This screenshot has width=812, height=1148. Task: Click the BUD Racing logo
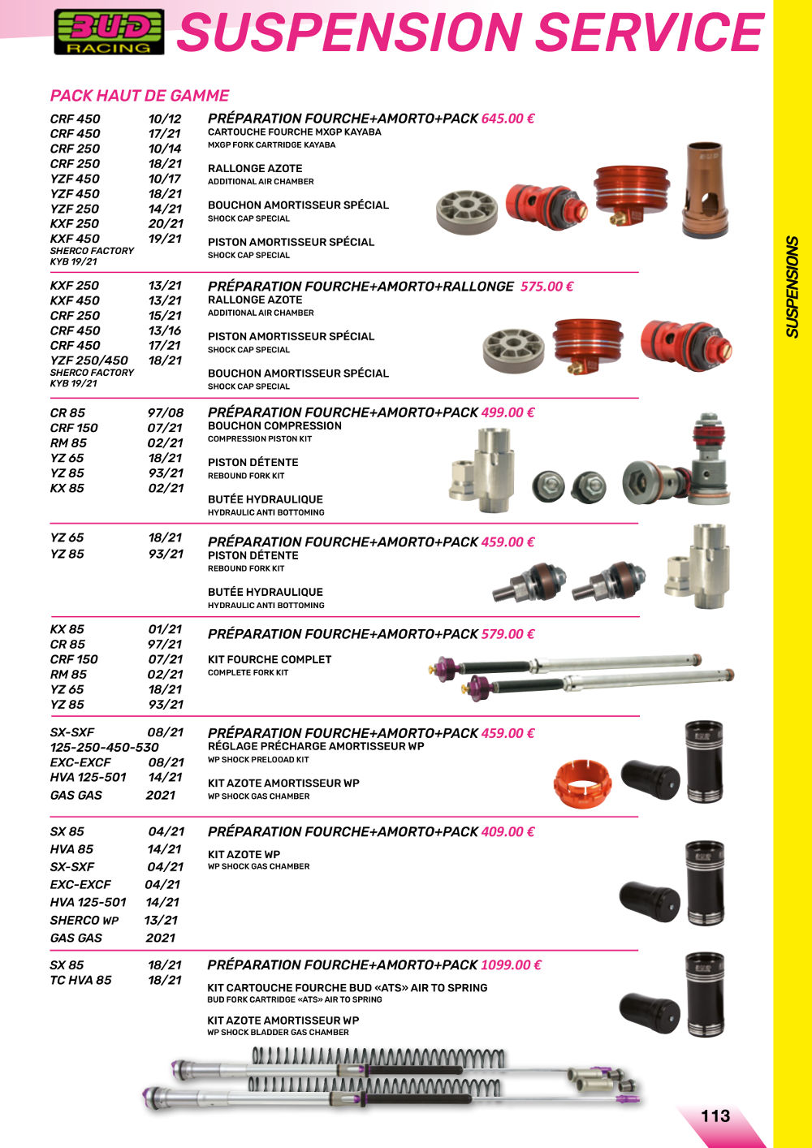(109, 32)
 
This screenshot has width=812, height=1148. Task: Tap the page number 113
(715, 1116)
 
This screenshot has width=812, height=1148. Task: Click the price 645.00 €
(508, 119)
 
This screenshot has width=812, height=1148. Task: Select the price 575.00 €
(546, 287)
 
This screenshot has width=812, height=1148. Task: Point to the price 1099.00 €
(511, 965)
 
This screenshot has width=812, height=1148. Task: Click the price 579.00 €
(508, 634)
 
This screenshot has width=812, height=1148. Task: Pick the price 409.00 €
(508, 832)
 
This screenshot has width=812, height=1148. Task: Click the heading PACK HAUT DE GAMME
(140, 96)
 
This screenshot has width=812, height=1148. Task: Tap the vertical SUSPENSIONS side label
(793, 287)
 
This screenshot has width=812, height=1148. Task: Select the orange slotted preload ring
(582, 781)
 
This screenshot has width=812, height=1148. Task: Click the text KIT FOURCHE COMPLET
(270, 660)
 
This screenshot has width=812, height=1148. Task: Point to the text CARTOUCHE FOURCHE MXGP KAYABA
(294, 132)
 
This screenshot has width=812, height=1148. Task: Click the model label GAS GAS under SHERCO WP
(76, 938)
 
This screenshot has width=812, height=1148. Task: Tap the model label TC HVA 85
(81, 980)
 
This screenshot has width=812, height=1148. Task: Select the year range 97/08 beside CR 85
(166, 412)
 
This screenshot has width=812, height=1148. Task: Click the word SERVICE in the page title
(650, 32)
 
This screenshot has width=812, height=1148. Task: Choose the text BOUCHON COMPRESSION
(274, 425)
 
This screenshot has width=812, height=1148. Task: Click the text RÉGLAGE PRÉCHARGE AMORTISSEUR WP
(316, 746)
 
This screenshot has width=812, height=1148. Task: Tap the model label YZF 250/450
(89, 360)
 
